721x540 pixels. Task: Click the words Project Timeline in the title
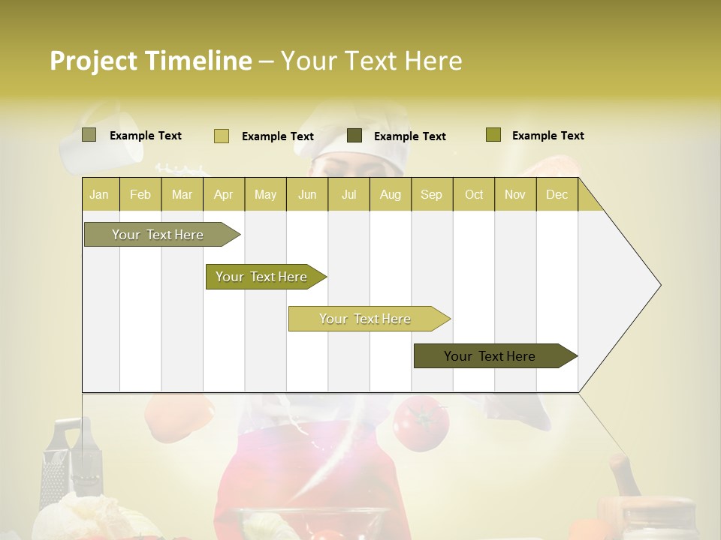[x=150, y=61]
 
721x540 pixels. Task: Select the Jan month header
[x=99, y=194]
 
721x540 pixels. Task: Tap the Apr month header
[x=224, y=194]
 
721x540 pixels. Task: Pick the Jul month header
[x=348, y=194]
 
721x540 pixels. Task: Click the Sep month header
[x=431, y=194]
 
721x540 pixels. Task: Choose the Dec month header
[x=557, y=194]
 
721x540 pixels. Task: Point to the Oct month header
[x=474, y=194]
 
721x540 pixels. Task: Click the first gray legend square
[x=89, y=135]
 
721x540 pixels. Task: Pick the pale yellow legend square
[x=221, y=136]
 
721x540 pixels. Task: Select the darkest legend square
[x=354, y=136]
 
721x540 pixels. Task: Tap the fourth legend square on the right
[x=493, y=135]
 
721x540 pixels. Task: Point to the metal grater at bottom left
[x=63, y=461]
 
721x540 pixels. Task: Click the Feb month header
[x=140, y=194]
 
